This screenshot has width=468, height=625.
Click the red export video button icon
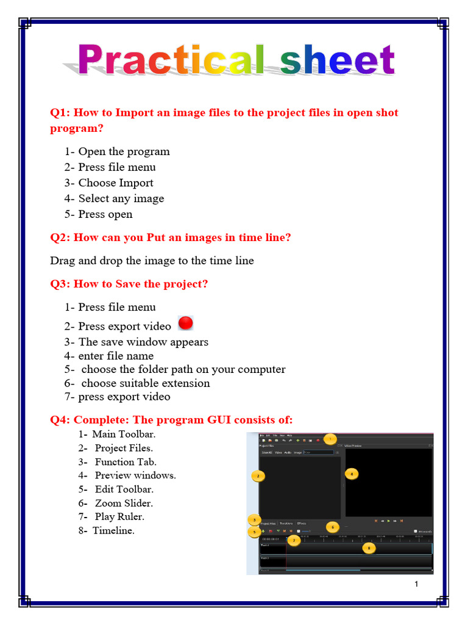click(x=185, y=323)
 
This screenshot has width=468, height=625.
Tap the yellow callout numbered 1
click(x=330, y=438)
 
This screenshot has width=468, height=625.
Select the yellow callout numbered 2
click(x=258, y=475)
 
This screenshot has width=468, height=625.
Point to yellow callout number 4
click(x=352, y=473)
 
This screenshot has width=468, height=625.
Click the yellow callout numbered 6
click(x=333, y=526)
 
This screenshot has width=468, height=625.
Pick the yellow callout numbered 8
click(x=369, y=548)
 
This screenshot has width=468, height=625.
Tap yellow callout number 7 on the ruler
click(x=294, y=540)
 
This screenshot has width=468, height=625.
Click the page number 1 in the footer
click(x=416, y=585)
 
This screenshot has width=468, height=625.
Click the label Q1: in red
click(x=60, y=113)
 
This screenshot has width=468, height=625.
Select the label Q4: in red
click(x=60, y=419)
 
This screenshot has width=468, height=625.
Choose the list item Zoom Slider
click(x=124, y=503)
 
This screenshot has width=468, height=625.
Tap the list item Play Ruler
click(x=119, y=516)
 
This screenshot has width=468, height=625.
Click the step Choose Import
click(x=116, y=182)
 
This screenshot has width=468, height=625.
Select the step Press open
click(x=105, y=214)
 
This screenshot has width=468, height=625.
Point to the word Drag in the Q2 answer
click(x=63, y=261)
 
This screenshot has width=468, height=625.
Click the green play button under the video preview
click(x=389, y=521)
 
